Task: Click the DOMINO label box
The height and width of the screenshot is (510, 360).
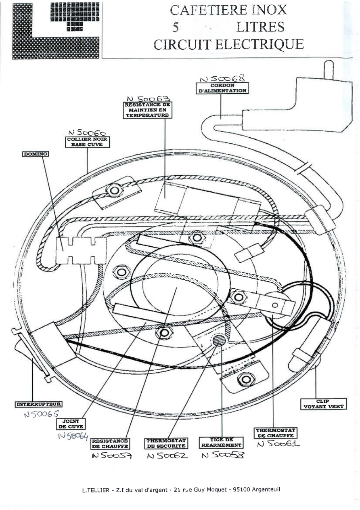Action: [x=36, y=154]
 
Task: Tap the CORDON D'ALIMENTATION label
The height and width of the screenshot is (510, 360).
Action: [x=222, y=88]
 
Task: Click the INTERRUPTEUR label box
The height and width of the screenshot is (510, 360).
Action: [x=39, y=404]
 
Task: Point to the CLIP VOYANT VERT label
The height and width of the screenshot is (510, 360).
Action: [x=323, y=404]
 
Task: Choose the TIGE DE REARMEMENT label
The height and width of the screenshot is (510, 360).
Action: [x=221, y=443]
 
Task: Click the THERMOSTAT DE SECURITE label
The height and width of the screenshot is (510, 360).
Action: [x=166, y=443]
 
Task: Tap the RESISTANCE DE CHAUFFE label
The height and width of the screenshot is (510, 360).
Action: [x=110, y=444]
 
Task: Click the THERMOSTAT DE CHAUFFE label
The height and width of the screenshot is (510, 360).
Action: [x=276, y=433]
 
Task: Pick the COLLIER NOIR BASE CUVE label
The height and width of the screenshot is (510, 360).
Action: [x=88, y=142]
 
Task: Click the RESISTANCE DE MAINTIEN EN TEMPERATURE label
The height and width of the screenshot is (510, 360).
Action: [x=147, y=109]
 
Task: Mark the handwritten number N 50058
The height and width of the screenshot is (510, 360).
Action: [x=222, y=456]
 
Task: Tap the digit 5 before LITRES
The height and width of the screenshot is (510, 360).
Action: [x=176, y=27]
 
